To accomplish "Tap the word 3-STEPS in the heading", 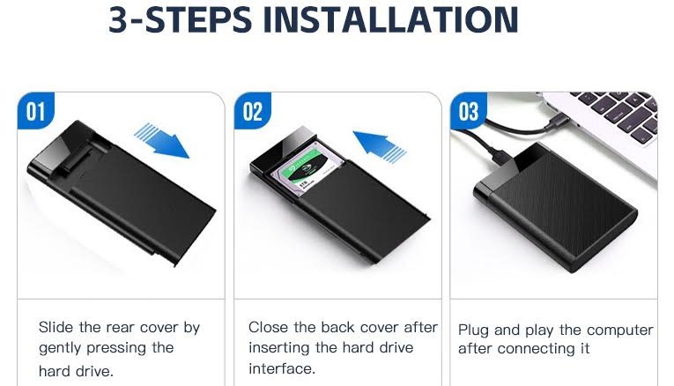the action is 180,19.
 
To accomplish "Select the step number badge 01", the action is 36,110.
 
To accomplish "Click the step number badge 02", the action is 253,110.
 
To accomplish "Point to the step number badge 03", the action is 469,110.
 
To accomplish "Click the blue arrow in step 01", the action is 161,140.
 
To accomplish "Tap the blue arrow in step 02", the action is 380,146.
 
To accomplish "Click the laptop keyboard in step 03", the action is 618,113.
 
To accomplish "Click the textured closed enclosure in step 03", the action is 555,206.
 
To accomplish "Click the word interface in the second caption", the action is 282,368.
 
